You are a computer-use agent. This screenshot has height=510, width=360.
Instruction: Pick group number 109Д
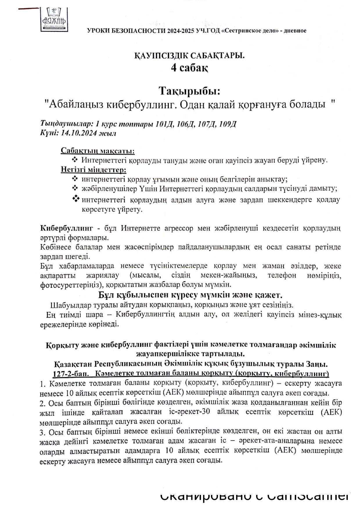tap(228, 124)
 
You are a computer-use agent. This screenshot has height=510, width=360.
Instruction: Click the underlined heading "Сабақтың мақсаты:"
tap(98, 151)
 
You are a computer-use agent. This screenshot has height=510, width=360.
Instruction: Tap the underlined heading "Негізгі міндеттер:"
tap(93, 169)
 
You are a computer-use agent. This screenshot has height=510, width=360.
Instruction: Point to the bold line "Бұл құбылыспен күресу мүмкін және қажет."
tap(190, 295)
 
